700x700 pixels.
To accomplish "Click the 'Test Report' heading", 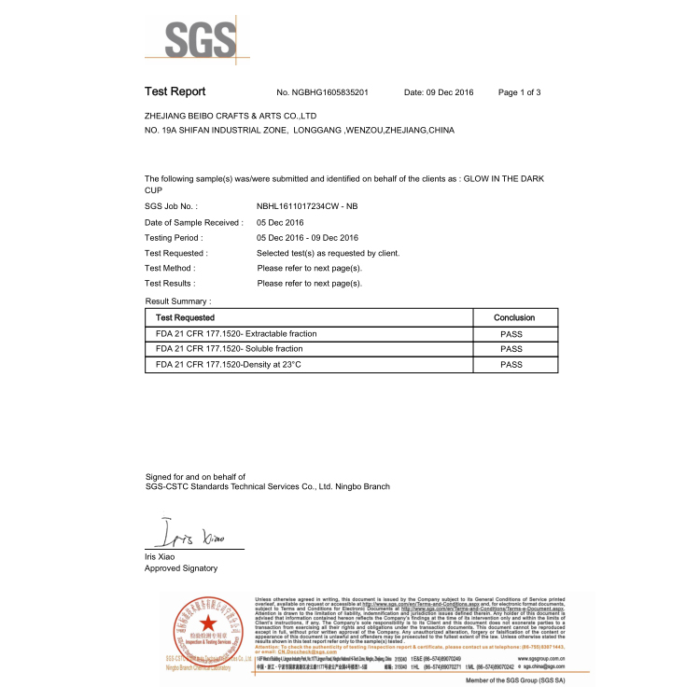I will [x=175, y=92].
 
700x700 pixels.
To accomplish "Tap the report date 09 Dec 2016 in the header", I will [x=439, y=93].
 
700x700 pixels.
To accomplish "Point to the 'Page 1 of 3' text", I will [x=520, y=93].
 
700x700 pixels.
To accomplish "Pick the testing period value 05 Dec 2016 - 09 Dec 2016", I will [x=307, y=238].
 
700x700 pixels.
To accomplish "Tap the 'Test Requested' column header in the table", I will [x=185, y=318].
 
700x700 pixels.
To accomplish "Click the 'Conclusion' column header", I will [x=513, y=318].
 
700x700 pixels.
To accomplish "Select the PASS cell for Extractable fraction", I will [x=511, y=333].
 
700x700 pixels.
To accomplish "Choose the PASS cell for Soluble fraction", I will [x=511, y=348].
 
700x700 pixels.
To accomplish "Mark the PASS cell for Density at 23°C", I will [x=511, y=364].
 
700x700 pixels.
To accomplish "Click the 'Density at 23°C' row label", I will [x=229, y=364].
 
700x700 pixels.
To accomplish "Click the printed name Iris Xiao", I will [x=160, y=556].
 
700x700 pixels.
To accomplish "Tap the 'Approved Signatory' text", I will [x=181, y=568].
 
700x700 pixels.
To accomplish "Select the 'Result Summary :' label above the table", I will [x=178, y=301].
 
